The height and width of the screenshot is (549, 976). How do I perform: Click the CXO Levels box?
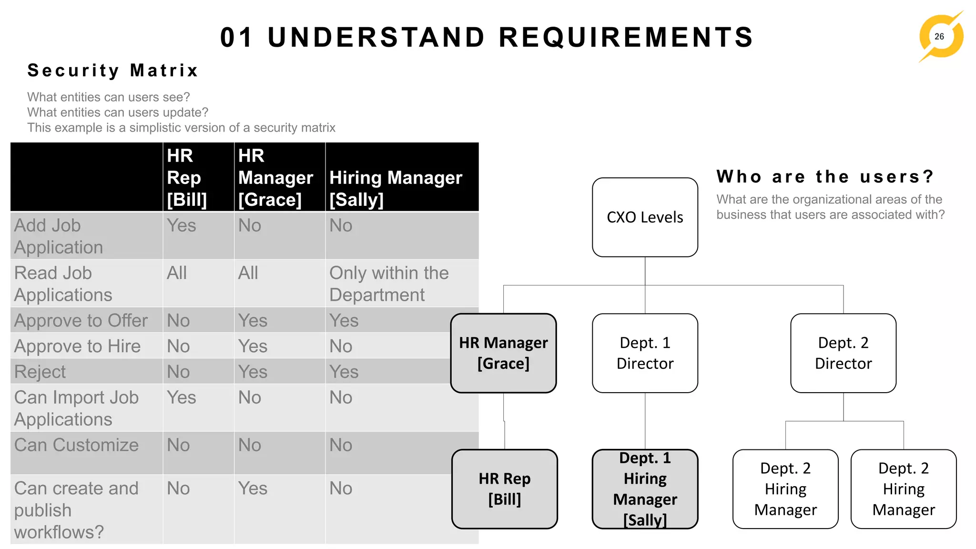[x=645, y=217]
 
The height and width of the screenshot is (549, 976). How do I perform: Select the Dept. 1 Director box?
[x=645, y=353]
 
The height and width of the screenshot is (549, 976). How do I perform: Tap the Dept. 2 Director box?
[x=843, y=353]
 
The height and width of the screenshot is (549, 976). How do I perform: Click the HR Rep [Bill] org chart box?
[x=504, y=489]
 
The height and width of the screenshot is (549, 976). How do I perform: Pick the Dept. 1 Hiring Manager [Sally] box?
[x=645, y=489]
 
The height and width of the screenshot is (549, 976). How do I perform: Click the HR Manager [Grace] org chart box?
[x=503, y=353]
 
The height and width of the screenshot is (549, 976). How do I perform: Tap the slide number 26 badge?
[x=939, y=37]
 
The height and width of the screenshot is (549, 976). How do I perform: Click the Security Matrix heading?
[x=112, y=71]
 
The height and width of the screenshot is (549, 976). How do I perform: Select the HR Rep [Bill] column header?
[x=187, y=177]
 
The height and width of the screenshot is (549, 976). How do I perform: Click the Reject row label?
[x=40, y=372]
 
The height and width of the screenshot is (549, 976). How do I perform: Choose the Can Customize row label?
[x=76, y=445]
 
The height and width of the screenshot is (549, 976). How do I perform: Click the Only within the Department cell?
[x=389, y=284]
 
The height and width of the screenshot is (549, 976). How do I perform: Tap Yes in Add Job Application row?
[x=182, y=225]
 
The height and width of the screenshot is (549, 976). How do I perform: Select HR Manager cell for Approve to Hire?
[x=253, y=346]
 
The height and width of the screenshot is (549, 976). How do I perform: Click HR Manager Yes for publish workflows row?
[x=253, y=488]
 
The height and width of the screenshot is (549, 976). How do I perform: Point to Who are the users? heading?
[x=825, y=176]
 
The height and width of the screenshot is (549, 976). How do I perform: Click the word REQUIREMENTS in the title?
[x=625, y=37]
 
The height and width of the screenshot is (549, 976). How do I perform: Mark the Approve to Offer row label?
[x=81, y=321]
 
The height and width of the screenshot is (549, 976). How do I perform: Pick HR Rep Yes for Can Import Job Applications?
[x=182, y=397]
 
